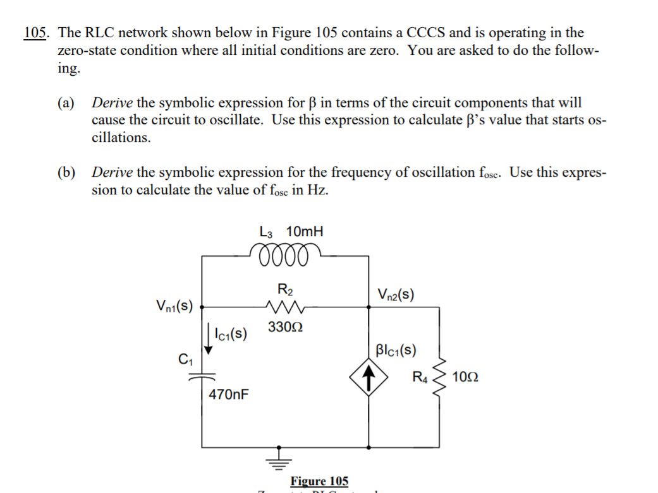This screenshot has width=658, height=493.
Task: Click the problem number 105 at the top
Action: pos(37,33)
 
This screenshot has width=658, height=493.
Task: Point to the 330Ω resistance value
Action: pos(284,328)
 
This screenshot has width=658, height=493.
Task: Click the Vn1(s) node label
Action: pos(174,306)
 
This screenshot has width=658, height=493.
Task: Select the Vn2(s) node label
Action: pos(396,295)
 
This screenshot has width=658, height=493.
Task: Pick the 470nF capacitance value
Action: pos(229,395)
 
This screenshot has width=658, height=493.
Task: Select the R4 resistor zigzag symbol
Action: pos(438,378)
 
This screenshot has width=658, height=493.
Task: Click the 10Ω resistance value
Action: pos(466,379)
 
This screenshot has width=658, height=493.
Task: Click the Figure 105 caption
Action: pos(319,481)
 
